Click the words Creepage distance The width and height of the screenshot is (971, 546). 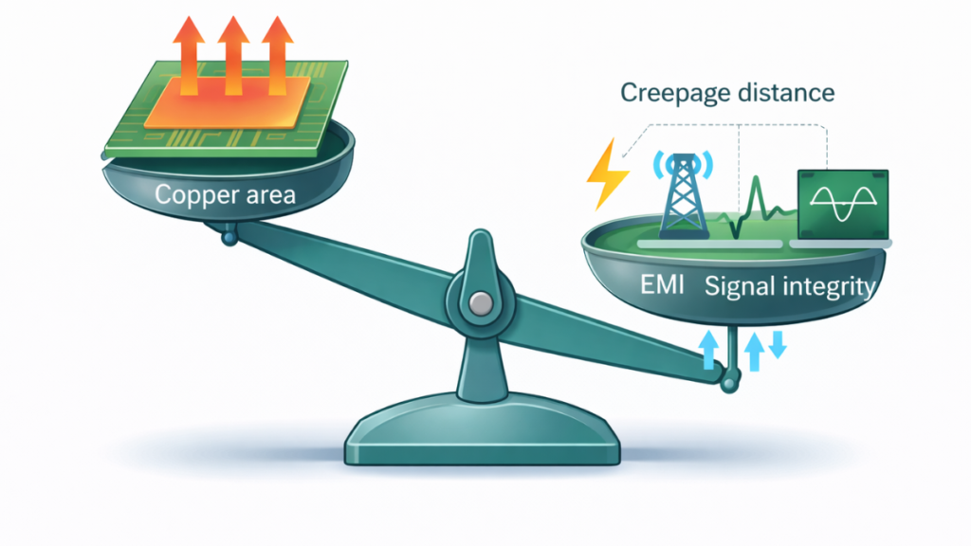727,93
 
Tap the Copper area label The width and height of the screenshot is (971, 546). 225,196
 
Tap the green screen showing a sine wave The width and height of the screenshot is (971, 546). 842,203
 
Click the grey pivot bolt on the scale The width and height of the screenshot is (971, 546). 482,303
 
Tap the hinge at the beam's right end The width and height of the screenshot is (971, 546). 728,383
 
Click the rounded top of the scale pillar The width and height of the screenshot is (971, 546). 481,248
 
